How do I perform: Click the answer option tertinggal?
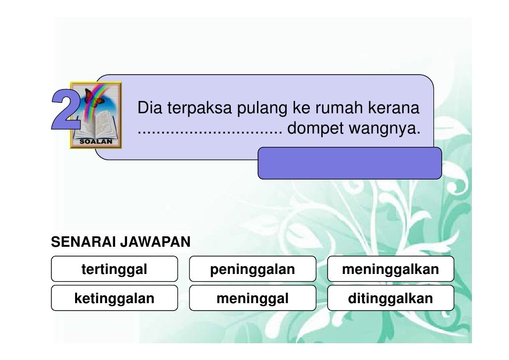[114, 270]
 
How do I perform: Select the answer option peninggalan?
[252, 270]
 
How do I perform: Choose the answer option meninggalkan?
[390, 270]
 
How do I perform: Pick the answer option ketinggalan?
[114, 298]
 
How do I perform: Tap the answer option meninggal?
[252, 298]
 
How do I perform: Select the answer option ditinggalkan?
[390, 298]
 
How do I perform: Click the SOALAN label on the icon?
[96, 141]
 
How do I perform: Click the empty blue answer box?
[349, 163]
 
